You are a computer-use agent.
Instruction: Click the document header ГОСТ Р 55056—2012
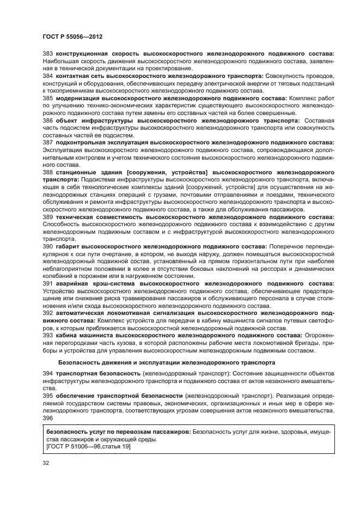72,37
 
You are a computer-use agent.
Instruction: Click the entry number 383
47,54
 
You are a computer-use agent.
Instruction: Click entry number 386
47,119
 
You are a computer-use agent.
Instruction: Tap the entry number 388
47,171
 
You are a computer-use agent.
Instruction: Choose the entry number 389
47,216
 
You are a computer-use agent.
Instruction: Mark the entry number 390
47,246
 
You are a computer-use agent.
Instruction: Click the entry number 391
47,284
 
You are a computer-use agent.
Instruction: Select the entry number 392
47,313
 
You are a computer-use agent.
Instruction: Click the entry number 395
47,394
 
